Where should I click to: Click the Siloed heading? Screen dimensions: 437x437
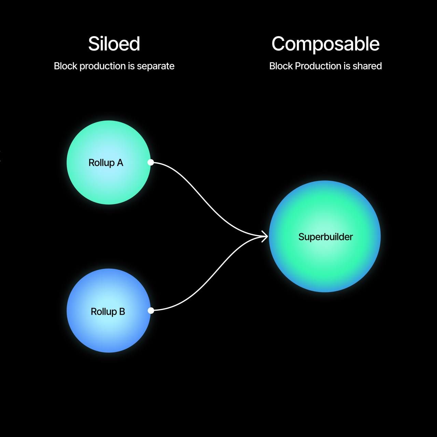click(114, 44)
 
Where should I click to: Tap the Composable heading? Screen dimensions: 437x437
click(325, 44)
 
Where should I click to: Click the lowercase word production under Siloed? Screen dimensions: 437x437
click(103, 66)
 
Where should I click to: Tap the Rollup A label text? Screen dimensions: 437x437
click(106, 163)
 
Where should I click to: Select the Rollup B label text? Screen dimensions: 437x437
click(108, 312)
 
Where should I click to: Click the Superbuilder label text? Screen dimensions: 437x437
click(325, 237)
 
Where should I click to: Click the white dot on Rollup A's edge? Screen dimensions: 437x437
click(151, 162)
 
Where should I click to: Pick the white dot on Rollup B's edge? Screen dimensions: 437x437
click(151, 310)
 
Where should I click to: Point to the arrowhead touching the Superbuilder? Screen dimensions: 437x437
click(265, 236)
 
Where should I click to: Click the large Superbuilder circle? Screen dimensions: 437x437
click(325, 266)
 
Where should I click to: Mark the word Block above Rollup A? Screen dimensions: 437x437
click(65, 66)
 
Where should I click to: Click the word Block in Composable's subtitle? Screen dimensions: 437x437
click(281, 66)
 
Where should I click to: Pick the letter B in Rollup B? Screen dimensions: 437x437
click(122, 312)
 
